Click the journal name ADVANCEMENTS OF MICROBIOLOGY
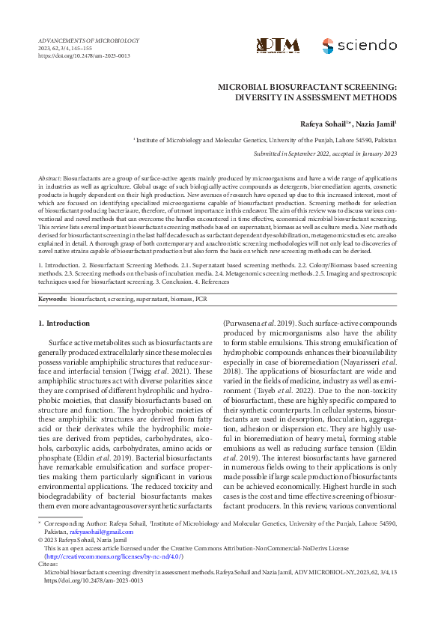(x=88, y=40)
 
